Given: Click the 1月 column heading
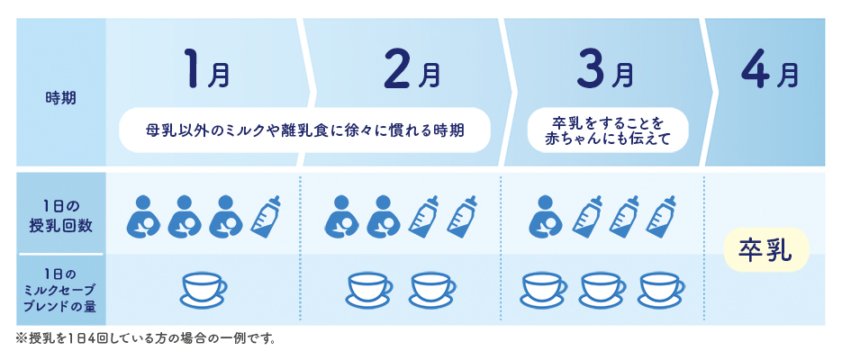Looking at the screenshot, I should pyautogui.click(x=204, y=72).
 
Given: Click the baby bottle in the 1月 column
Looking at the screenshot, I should pyautogui.click(x=267, y=216).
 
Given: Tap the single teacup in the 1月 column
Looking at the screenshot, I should pyautogui.click(x=204, y=288).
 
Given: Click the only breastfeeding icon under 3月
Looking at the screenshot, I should pyautogui.click(x=543, y=216).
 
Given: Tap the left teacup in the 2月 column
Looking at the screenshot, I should pyautogui.click(x=370, y=288).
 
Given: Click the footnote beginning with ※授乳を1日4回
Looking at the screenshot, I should pyautogui.click(x=145, y=339).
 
